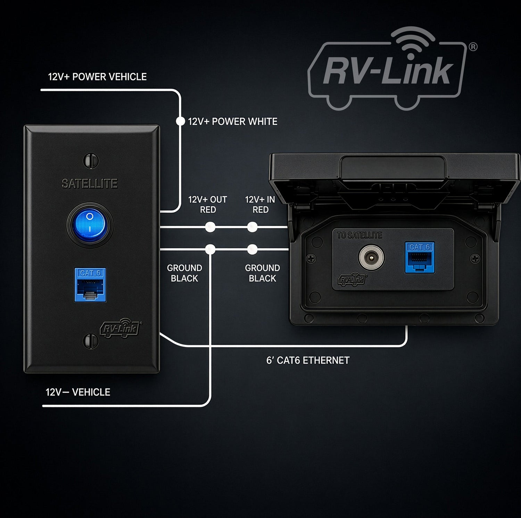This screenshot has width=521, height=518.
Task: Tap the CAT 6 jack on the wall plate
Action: pyautogui.click(x=90, y=285)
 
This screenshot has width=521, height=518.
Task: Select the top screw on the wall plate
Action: pyautogui.click(x=91, y=161)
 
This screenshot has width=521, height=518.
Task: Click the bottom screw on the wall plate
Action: pyautogui.click(x=91, y=340)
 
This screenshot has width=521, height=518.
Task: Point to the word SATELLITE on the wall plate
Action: pyautogui.click(x=90, y=184)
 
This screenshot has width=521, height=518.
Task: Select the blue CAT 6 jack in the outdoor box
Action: pyautogui.click(x=420, y=258)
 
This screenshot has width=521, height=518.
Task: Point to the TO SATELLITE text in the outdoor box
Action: pyautogui.click(x=359, y=235)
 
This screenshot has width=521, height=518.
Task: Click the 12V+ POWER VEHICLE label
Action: pyautogui.click(x=97, y=77)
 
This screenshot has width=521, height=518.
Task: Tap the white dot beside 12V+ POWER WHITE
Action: pyautogui.click(x=181, y=121)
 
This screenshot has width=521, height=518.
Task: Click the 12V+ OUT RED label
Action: pyautogui.click(x=208, y=204)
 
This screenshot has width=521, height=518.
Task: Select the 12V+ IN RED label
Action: pyautogui.click(x=260, y=204)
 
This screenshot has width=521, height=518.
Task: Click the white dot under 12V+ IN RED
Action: pyautogui.click(x=252, y=227)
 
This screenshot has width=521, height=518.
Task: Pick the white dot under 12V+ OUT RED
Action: pyautogui.click(x=210, y=227)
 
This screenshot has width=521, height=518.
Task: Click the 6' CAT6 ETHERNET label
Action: pyautogui.click(x=308, y=360)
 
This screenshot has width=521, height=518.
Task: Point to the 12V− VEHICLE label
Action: pyautogui.click(x=78, y=392)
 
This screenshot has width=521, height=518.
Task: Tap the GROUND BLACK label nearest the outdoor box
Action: pyautogui.click(x=262, y=273)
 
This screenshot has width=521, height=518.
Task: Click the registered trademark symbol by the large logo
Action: pyautogui.click(x=473, y=46)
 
